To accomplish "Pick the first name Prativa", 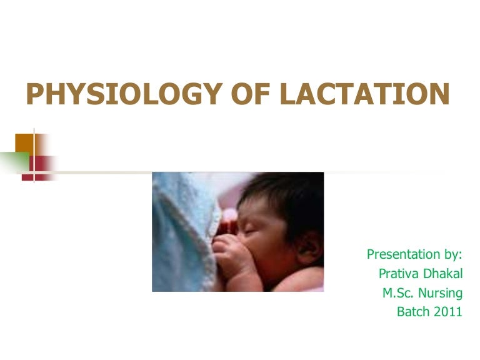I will click(x=398, y=274).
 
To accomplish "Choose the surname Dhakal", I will click(x=441, y=274).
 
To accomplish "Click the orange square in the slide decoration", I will click(x=24, y=142).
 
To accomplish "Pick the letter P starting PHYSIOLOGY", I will click(x=34, y=95).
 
